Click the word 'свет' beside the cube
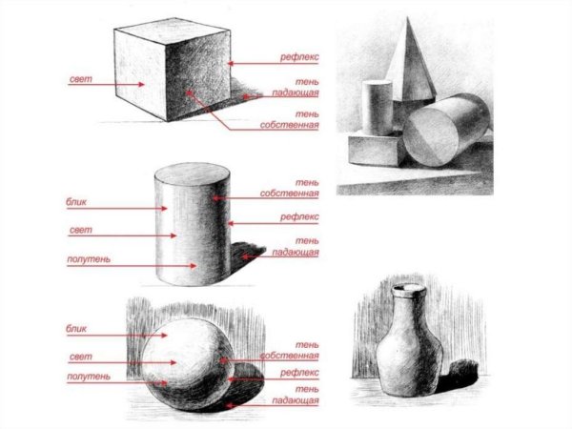point(81,79)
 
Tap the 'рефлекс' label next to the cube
point(299,57)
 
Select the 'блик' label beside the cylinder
point(76,202)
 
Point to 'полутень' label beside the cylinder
point(89,259)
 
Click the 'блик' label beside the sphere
point(76,329)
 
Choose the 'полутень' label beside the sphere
point(89,377)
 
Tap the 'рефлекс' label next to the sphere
point(299,373)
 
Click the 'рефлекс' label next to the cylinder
point(299,217)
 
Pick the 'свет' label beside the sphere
point(81,357)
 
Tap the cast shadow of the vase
point(459,376)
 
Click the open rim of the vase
point(409,289)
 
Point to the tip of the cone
point(407,17)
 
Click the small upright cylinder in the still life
point(378,108)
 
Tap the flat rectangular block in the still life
point(376,150)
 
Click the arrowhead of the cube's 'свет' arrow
point(141,84)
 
